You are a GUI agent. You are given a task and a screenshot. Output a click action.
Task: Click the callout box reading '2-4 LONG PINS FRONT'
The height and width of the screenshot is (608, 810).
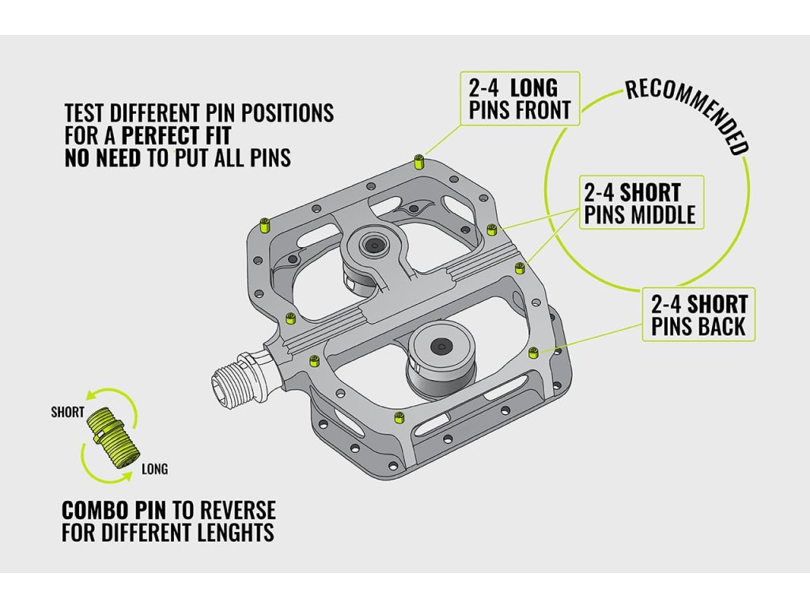point(520,98)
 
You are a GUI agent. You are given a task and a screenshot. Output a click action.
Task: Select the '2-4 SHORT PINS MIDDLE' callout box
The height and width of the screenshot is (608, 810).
point(640,203)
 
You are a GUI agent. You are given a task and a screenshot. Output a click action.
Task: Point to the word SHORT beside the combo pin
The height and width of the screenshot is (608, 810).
point(67,412)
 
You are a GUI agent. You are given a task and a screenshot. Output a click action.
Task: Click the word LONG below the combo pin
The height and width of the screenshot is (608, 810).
point(154,469)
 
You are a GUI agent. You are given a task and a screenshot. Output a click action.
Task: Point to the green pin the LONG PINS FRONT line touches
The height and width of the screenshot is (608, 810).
point(418,164)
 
